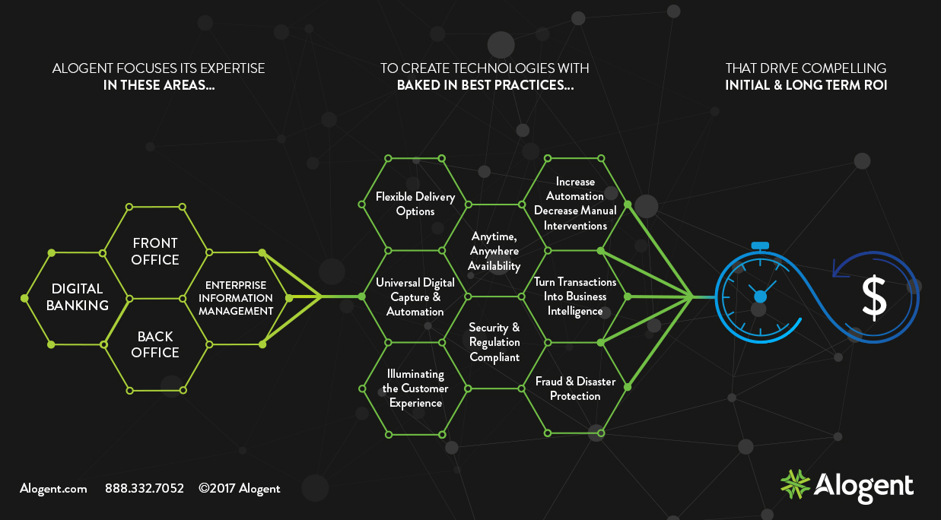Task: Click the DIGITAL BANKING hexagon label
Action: click(x=78, y=296)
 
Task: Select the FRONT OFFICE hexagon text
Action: click(x=155, y=252)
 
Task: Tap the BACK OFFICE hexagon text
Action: click(x=155, y=344)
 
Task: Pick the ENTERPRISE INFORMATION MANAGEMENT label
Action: click(x=236, y=298)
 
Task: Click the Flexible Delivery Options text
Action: click(x=415, y=204)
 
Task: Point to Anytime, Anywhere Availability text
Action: click(x=494, y=252)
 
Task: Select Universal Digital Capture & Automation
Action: click(x=415, y=297)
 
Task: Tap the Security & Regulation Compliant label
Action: click(x=494, y=342)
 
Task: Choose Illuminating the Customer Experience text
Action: click(x=415, y=388)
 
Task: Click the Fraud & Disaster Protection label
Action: click(x=575, y=388)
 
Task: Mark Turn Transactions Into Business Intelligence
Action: click(x=574, y=296)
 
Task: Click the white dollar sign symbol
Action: click(x=874, y=297)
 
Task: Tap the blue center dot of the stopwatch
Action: click(x=760, y=296)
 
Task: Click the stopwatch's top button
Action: click(x=761, y=246)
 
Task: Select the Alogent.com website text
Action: click(x=53, y=489)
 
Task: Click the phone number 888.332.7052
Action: click(x=144, y=488)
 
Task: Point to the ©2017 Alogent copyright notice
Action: click(x=240, y=489)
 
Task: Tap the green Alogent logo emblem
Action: click(x=795, y=484)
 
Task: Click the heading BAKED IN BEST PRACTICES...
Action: click(x=485, y=85)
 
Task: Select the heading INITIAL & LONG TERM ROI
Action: click(x=806, y=85)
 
